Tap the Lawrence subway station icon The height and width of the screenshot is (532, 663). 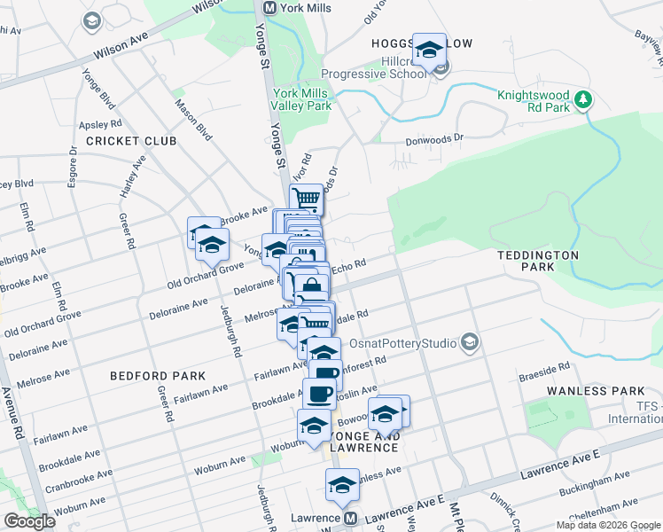click(350, 518)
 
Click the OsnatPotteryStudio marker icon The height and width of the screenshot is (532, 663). click(470, 342)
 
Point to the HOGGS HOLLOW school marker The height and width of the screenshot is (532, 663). click(430, 51)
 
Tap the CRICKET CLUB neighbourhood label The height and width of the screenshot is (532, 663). click(131, 141)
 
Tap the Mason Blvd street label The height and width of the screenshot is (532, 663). click(193, 120)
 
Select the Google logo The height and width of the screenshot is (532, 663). click(29, 521)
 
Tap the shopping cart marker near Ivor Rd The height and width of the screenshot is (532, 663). click(307, 199)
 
